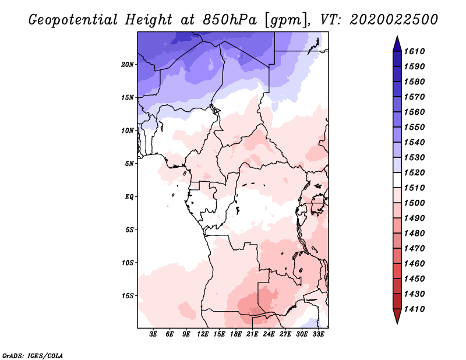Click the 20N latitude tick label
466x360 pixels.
(127, 65)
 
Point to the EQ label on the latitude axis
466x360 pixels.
(129, 197)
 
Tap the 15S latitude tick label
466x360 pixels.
(128, 296)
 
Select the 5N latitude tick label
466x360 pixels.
(129, 164)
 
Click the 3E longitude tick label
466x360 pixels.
(153, 334)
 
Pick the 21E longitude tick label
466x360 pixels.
(252, 334)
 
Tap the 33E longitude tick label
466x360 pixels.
(318, 334)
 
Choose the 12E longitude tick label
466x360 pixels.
(202, 334)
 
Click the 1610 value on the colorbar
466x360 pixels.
(415, 51)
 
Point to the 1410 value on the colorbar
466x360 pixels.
(415, 309)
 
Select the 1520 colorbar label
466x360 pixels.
(415, 172)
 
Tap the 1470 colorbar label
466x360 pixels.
(415, 249)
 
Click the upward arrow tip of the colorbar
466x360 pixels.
(397, 36)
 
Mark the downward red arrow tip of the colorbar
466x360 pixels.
(397, 324)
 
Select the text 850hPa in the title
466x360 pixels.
(230, 20)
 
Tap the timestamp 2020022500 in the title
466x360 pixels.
(394, 20)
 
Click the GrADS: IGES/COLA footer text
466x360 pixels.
(33, 356)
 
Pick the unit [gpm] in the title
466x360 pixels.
(286, 20)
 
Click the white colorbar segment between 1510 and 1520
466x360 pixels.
(397, 180)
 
